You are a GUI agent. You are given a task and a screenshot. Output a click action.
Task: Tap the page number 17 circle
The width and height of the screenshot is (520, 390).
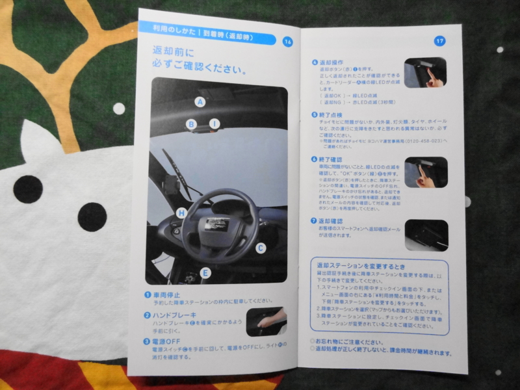coord(439,41)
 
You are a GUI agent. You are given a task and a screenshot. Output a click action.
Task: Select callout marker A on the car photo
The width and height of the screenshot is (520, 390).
coord(200,101)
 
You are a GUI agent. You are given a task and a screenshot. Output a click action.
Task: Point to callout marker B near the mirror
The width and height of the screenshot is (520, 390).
coord(192,123)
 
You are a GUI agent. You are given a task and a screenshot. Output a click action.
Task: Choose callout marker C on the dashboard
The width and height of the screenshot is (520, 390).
coord(260,247)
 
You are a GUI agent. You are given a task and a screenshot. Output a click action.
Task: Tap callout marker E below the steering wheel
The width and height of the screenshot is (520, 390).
coord(205,272)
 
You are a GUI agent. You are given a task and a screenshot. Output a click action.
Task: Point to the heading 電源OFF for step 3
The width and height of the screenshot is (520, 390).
coord(168,341)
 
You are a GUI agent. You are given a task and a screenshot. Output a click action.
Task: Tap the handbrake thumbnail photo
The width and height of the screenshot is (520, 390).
coord(266,322)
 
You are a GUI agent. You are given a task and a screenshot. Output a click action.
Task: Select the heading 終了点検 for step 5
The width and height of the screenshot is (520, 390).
coord(331,114)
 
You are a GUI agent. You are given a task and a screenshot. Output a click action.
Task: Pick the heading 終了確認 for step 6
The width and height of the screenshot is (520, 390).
coord(331,159)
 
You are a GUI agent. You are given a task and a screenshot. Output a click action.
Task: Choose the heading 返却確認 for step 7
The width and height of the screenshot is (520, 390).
coord(331,221)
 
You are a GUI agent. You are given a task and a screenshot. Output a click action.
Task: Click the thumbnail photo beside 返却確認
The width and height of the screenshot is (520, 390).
coord(426,235)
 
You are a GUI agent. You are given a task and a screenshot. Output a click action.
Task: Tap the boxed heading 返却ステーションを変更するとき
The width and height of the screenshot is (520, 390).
coord(360,266)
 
